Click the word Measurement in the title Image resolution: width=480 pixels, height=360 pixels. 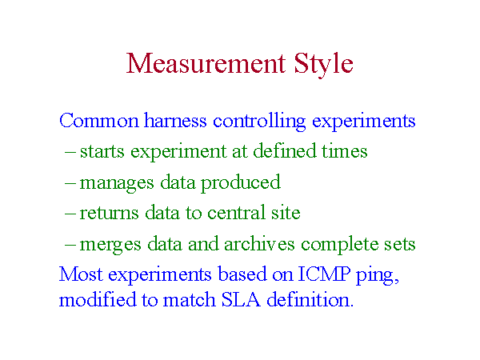206,63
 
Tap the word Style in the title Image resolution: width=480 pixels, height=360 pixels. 323,65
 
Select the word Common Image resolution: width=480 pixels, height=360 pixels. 99,120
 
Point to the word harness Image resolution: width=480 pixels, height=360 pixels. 175,120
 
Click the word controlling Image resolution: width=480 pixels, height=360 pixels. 259,122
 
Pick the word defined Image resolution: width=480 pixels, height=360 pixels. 285,150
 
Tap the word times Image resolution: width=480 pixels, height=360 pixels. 344,151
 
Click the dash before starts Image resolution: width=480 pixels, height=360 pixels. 70,152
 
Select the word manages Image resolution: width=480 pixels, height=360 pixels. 117,184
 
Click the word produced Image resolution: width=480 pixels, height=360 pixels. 240,183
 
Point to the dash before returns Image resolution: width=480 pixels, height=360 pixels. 70,214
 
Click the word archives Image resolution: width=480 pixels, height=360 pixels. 259,243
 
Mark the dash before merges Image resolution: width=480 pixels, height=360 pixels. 70,244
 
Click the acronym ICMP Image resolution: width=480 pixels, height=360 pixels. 324,274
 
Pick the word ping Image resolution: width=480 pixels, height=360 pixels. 378,276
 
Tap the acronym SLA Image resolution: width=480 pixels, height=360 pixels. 241,299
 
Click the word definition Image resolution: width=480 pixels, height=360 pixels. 310,298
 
